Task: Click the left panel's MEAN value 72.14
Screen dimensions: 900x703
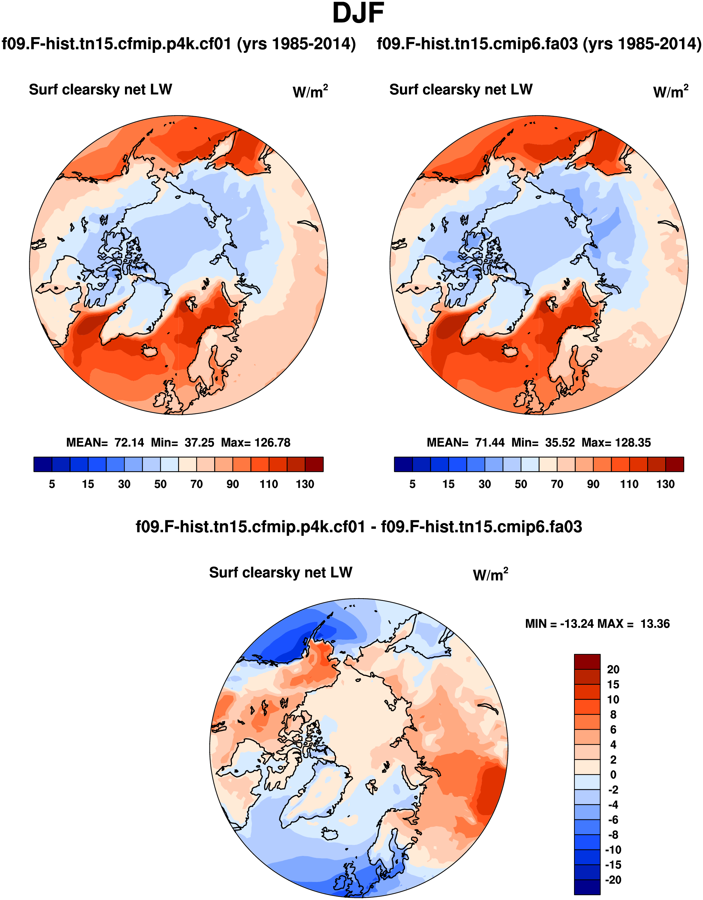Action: pos(129,442)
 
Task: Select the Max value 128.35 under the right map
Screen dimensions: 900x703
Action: pos(633,442)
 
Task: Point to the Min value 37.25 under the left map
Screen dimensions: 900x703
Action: pos(199,442)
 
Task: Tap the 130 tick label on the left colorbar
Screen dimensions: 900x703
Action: pos(305,484)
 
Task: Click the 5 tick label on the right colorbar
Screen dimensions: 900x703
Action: pos(413,484)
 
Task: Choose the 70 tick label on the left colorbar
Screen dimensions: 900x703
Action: pos(196,484)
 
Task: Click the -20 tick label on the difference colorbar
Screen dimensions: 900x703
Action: pos(613,880)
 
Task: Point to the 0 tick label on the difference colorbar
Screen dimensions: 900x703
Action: pos(613,775)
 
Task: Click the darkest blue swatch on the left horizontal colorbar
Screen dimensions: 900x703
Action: pos(43,464)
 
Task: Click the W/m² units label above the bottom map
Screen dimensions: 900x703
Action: pos(490,574)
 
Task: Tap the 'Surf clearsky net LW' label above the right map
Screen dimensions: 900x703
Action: pos(461,90)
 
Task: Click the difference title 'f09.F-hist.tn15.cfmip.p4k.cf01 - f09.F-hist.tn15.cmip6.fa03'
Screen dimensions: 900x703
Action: pos(359,527)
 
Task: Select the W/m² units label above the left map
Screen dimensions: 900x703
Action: pos(310,92)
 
